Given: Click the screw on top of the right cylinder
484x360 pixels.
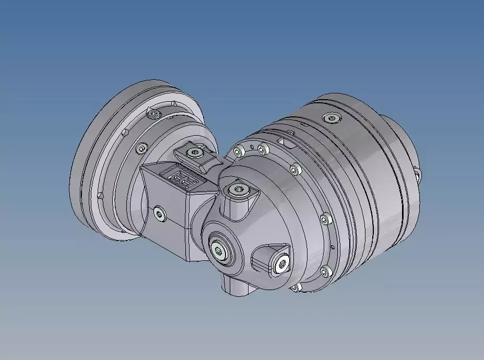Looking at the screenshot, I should tap(332, 117).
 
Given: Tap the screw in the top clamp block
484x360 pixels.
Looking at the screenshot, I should tap(195, 153).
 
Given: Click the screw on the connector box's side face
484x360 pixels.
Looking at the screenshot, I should tap(158, 213).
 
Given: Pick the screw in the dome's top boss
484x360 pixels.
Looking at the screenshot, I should tap(240, 190).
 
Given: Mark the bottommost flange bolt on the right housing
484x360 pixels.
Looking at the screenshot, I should tap(295, 287).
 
